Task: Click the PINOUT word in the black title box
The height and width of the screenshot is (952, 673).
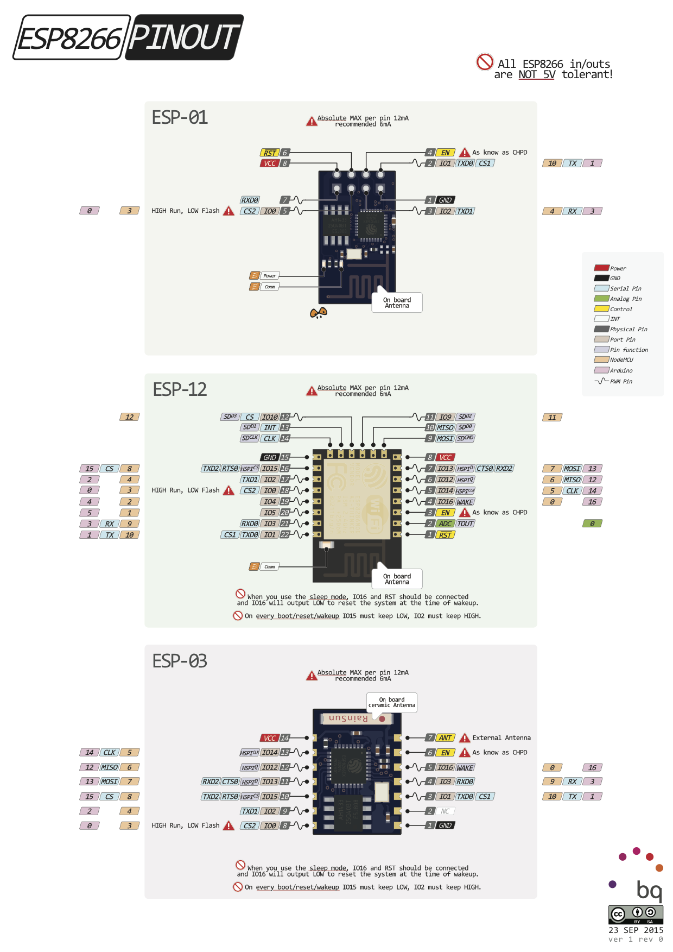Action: pos(185,37)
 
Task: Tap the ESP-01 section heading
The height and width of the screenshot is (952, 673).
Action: pos(180,117)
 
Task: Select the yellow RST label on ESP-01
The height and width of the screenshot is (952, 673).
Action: pos(270,153)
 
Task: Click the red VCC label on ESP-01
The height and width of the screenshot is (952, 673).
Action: pos(270,163)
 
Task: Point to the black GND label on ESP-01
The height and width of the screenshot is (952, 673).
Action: pos(445,200)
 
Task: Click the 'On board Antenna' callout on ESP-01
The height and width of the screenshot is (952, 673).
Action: pos(397,302)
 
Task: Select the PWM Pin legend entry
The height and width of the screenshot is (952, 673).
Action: pos(614,381)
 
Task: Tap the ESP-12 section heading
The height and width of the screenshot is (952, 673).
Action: pos(180,389)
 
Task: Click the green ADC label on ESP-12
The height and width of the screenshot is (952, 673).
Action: pos(445,524)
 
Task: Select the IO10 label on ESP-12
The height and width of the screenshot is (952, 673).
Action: pos(270,417)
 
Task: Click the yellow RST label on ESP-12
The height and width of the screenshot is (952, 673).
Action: pos(445,535)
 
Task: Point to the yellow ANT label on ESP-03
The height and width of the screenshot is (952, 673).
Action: pos(445,737)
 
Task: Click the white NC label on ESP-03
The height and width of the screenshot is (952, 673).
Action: pos(445,811)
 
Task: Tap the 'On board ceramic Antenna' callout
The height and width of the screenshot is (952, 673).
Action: pos(391,702)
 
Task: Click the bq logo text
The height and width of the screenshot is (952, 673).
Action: pos(649,891)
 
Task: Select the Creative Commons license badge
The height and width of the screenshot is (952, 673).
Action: pos(636,915)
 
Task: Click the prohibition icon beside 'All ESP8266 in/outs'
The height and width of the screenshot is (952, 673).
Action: pos(485,62)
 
